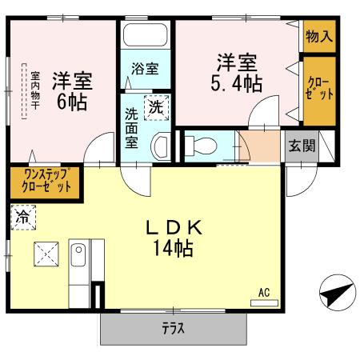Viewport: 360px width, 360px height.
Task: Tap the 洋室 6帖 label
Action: point(72,92)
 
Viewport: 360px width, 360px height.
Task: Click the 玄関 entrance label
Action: point(301,146)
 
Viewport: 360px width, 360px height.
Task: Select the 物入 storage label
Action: point(318,37)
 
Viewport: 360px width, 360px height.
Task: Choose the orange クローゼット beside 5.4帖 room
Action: point(318,90)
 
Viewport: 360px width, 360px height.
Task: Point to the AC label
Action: point(263,292)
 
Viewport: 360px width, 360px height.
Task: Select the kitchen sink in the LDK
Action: point(79,258)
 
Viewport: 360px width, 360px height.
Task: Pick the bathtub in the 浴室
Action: point(145,38)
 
